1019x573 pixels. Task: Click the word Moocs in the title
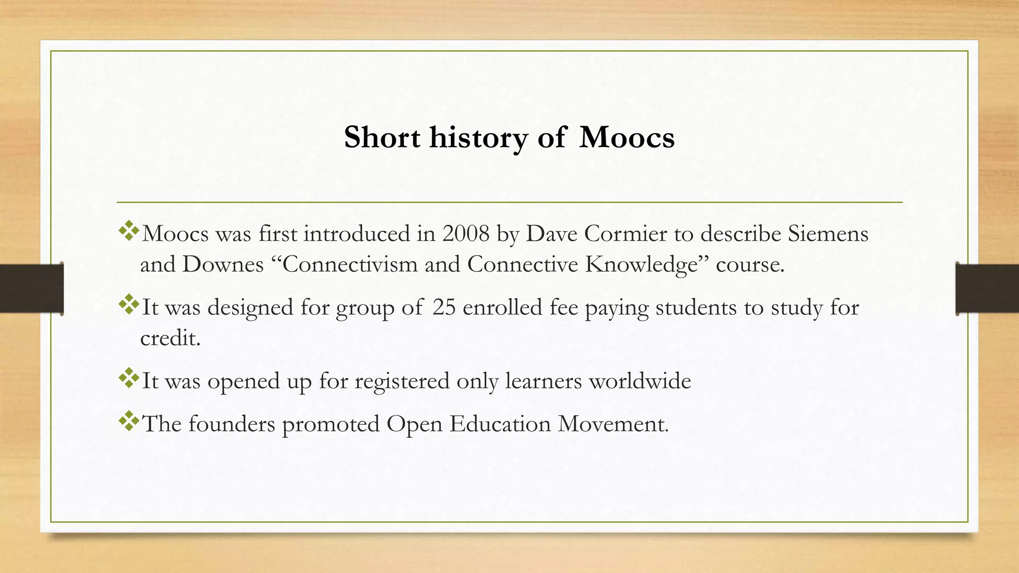[626, 137]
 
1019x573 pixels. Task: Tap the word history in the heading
[478, 137]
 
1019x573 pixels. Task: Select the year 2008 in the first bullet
[466, 233]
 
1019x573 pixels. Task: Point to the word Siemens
[827, 233]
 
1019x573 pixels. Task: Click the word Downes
[223, 264]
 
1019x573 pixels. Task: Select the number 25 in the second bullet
[444, 307]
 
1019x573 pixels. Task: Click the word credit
[170, 338]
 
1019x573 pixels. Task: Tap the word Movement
[613, 424]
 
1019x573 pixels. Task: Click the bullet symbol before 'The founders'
[129, 421]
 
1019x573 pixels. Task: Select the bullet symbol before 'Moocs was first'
[129, 231]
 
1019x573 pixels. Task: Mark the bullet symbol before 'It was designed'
[129, 304]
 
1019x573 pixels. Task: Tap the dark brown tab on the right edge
[987, 288]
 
